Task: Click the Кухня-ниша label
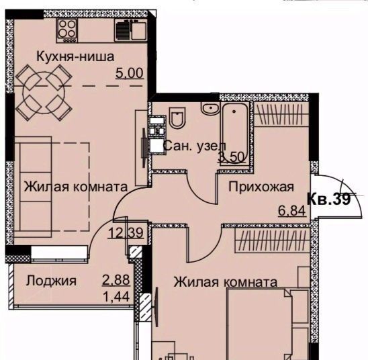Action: pos(75,56)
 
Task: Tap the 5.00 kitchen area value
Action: pos(130,73)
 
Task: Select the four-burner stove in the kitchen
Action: pos(67,31)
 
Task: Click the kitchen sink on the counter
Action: pos(131,30)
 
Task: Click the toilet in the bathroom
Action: pos(177,118)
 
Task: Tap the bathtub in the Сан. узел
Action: pos(234,134)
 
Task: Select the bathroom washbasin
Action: pos(210,108)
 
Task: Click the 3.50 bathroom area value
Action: pos(232,157)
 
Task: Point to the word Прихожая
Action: pos(261,187)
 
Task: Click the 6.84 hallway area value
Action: pos(292,210)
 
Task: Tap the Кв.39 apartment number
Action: pos(329,199)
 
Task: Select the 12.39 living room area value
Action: pos(126,233)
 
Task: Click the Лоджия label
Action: pos(51,281)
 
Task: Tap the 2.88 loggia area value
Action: pos(116,279)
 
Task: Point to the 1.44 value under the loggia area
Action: pos(116,297)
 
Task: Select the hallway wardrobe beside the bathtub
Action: pos(281,114)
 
